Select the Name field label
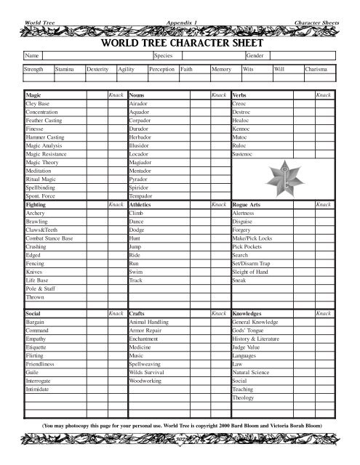pyautogui.click(x=31, y=55)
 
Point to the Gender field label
pyautogui.click(x=255, y=55)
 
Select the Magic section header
pyautogui.click(x=33, y=95)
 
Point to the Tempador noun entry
pyautogui.click(x=141, y=196)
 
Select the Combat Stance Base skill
pyautogui.click(x=49, y=238)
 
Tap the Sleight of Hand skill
pyautogui.click(x=250, y=271)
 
